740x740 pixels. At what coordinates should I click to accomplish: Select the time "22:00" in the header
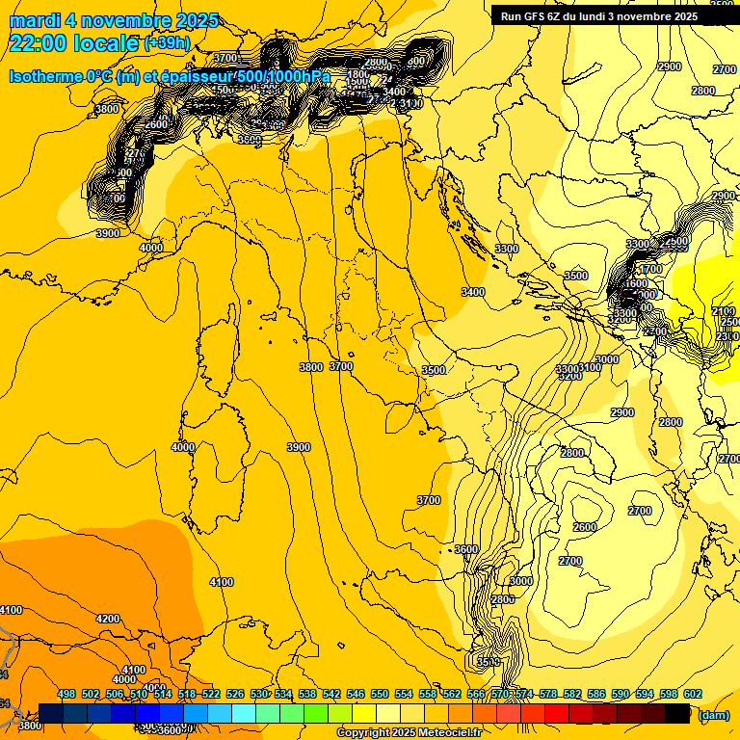point(40,43)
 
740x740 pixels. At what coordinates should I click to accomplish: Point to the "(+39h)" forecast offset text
point(167,43)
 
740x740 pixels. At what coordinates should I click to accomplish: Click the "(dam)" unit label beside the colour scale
point(713,714)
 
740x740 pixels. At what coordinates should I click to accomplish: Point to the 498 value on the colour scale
point(66,694)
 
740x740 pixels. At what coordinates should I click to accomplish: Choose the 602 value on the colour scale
point(693,694)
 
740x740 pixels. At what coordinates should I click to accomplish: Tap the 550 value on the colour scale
point(380,694)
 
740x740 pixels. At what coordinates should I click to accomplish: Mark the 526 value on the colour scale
point(235,694)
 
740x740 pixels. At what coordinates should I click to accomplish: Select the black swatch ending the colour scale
point(677,713)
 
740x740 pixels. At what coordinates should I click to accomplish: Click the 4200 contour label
point(108,619)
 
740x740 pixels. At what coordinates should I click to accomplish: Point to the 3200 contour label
point(570,376)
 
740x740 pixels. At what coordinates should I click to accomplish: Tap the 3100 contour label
point(589,368)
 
